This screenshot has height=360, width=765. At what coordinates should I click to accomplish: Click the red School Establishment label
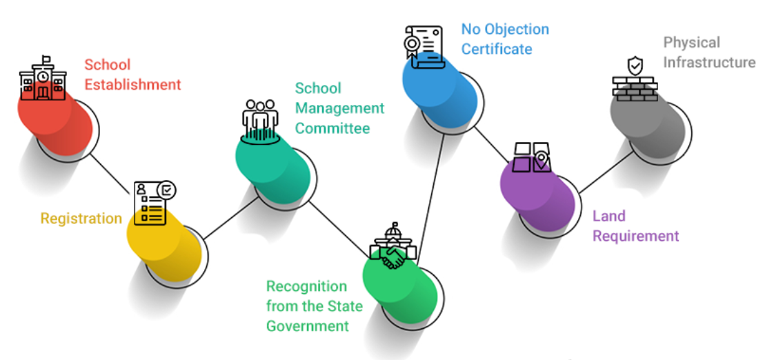[x=132, y=74]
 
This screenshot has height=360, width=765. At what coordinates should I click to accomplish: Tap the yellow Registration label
[x=81, y=219]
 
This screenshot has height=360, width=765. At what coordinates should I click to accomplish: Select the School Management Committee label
[x=339, y=108]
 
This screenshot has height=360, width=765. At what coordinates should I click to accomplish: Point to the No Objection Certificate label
[x=505, y=39]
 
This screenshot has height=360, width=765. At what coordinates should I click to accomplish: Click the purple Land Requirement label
[x=635, y=226]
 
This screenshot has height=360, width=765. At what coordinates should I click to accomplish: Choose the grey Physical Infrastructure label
[x=709, y=52]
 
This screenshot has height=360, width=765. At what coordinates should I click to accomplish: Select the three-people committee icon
[x=260, y=120]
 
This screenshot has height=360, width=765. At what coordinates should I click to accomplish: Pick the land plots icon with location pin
[x=532, y=157]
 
